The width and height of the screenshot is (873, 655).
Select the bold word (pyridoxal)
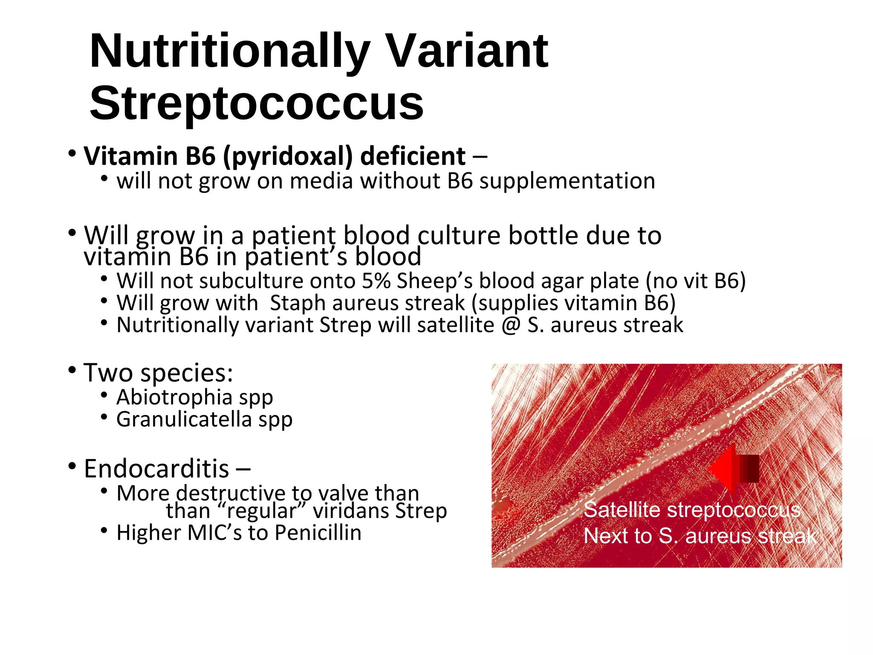pyautogui.click(x=288, y=157)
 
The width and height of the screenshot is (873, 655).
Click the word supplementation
pyautogui.click(x=567, y=181)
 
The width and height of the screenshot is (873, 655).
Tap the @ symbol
pyautogui.click(x=511, y=325)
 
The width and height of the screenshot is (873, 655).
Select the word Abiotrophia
pyautogui.click(x=174, y=397)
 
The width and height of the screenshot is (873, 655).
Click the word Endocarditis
pyautogui.click(x=156, y=469)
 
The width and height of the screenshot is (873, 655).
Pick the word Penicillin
pyautogui.click(x=318, y=533)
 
